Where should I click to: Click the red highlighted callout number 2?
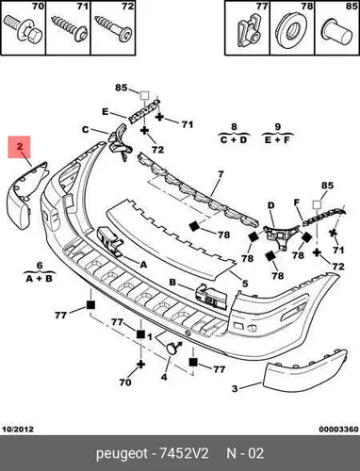point(20,146)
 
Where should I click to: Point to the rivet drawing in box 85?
point(337,31)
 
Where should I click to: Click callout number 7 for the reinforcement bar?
point(221,174)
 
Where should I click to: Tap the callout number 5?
point(245,284)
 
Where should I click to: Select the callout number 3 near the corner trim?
point(235,389)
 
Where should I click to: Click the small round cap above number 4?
point(172,349)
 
